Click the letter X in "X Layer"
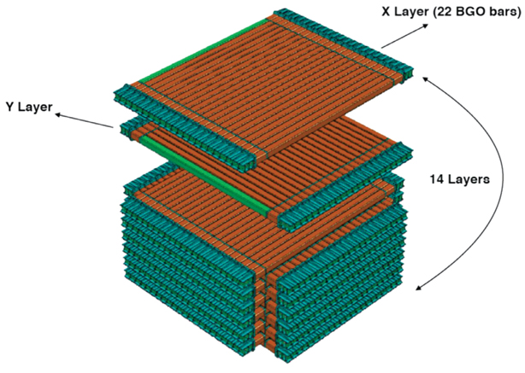pyautogui.click(x=386, y=12)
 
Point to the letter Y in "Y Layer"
pyautogui.click(x=10, y=107)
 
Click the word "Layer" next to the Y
pyautogui.click(x=36, y=108)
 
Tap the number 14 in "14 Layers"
pyautogui.click(x=437, y=179)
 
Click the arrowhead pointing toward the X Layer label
pyautogui.click(x=425, y=26)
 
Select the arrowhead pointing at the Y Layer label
pyautogui.click(x=58, y=115)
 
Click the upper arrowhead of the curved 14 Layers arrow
pyautogui.click(x=425, y=79)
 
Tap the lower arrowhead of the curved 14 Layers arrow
pyautogui.click(x=419, y=288)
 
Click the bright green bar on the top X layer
pyautogui.click(x=204, y=50)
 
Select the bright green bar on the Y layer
pyautogui.click(x=204, y=175)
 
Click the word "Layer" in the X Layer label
pyautogui.click(x=411, y=13)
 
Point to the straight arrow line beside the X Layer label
pyautogui.click(x=405, y=36)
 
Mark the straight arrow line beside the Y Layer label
pyautogui.click(x=84, y=120)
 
